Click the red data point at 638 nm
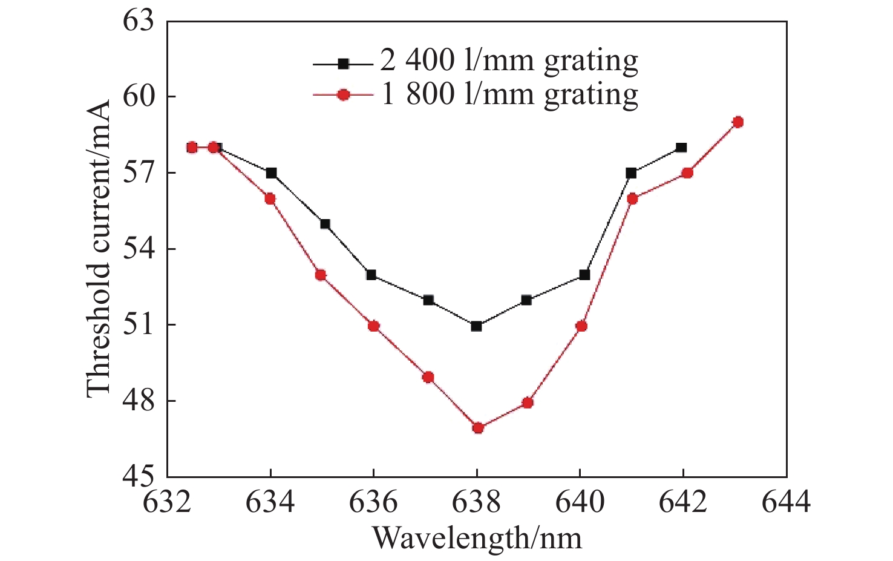(478, 428)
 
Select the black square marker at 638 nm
(476, 326)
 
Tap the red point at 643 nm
(738, 122)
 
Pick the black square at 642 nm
(681, 147)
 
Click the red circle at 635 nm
(321, 275)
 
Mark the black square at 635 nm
(325, 224)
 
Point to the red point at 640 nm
(581, 326)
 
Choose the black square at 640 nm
(584, 275)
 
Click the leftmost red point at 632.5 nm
(192, 147)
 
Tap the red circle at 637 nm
(428, 377)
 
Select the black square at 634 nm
(271, 173)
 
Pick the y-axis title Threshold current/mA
(99, 248)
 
